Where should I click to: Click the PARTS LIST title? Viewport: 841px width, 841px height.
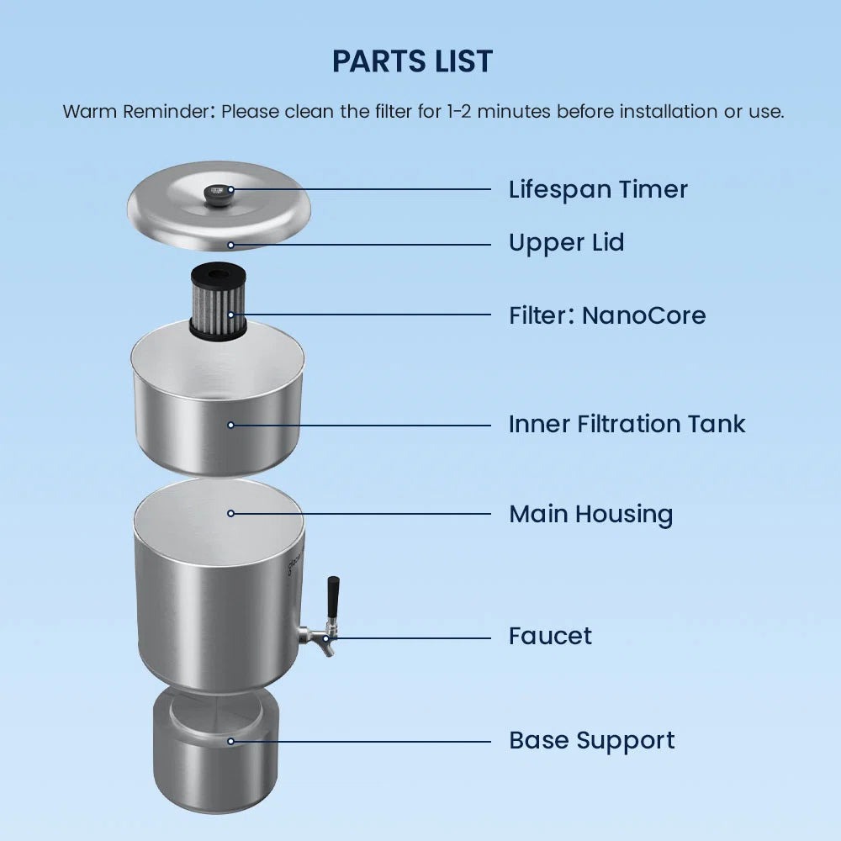click(412, 61)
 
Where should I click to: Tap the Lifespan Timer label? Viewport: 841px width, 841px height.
click(598, 190)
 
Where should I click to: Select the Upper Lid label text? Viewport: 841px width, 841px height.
click(566, 243)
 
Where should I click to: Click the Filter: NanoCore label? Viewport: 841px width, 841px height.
click(607, 315)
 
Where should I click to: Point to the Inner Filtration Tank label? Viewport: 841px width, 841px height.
click(627, 424)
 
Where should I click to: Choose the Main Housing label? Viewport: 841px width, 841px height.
click(590, 515)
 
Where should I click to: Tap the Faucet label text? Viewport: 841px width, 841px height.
click(550, 636)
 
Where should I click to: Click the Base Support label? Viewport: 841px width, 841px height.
click(591, 741)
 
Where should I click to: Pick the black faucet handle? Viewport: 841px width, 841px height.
click(333, 597)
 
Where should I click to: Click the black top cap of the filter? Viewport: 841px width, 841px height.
click(219, 275)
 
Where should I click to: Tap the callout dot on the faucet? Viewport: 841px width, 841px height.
click(325, 639)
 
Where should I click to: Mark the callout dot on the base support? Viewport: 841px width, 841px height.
click(230, 742)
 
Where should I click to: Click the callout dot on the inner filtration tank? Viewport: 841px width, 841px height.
click(230, 426)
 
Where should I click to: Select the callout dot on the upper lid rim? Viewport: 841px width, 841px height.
click(230, 245)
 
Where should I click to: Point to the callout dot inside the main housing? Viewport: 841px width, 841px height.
click(230, 514)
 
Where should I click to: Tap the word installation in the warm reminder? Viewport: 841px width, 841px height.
click(669, 112)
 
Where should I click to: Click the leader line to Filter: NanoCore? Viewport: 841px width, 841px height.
click(361, 315)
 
